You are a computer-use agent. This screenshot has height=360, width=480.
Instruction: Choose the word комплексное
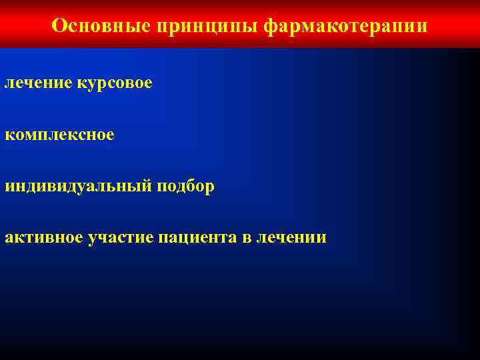[x=59, y=135]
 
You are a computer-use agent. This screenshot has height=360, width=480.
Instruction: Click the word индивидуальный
[x=78, y=187]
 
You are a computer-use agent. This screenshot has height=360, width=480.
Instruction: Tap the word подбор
[x=186, y=187]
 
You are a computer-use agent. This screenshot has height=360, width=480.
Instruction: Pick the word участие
[x=120, y=237]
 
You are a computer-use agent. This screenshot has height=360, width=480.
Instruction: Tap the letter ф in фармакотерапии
[x=271, y=26]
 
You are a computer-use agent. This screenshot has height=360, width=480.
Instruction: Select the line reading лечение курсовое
[x=78, y=83]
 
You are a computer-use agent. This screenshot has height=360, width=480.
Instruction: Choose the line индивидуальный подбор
[x=109, y=187]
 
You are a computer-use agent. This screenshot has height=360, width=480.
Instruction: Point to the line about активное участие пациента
[x=165, y=237]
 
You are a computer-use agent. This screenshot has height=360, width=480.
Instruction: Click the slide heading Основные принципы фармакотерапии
[x=239, y=25]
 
